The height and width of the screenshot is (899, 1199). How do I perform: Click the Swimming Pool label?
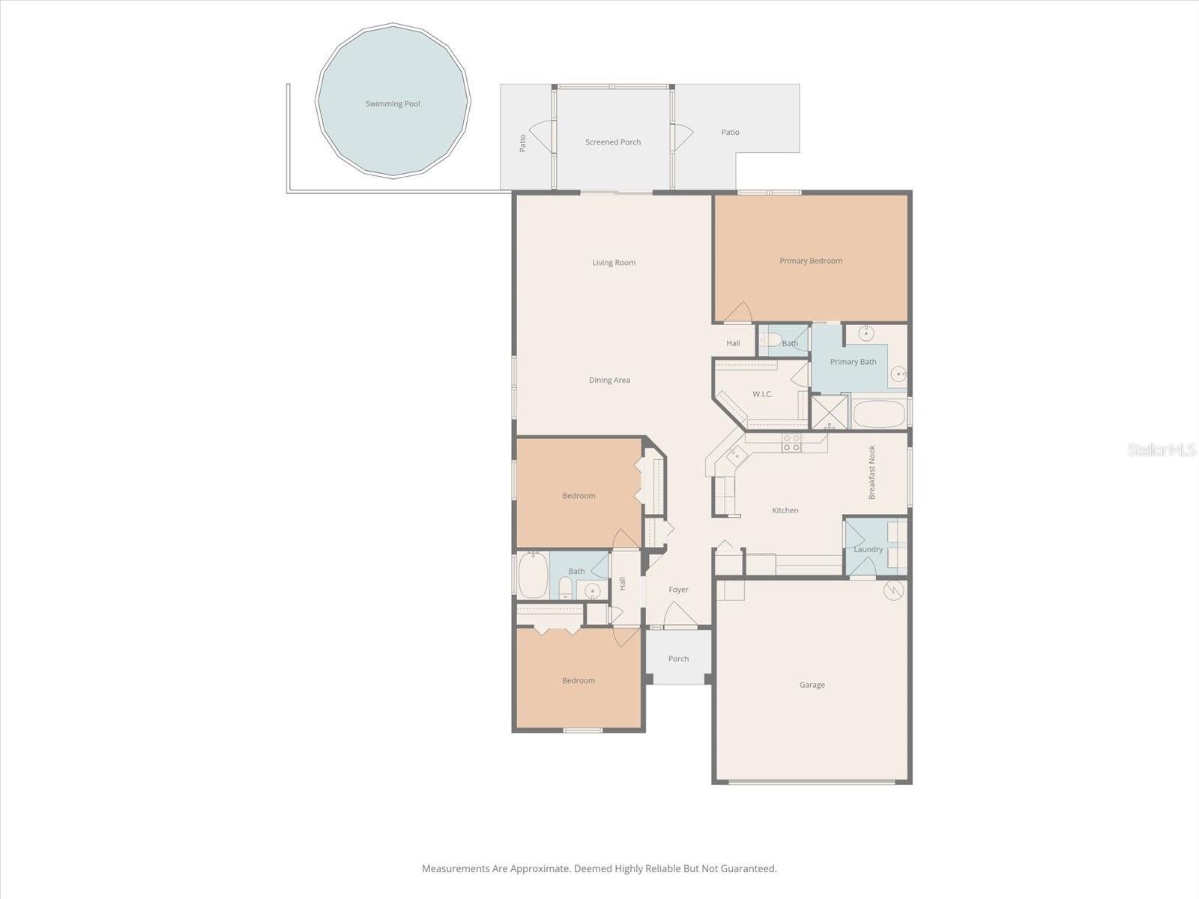[393, 104]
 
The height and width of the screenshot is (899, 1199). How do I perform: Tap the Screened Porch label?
[613, 142]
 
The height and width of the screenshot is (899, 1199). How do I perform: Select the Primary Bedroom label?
[811, 261]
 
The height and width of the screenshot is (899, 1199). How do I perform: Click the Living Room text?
[614, 263]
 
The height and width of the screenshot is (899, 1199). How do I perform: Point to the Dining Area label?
[609, 381]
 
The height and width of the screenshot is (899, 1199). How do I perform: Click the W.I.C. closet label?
[762, 394]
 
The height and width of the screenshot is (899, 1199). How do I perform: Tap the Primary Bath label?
[853, 362]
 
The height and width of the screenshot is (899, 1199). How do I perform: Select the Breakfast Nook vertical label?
[872, 473]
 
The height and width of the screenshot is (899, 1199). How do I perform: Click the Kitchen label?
[785, 511]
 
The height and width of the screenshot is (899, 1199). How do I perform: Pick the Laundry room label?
[869, 550]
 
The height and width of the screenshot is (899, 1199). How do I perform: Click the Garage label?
[812, 685]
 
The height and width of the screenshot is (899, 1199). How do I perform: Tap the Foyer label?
[678, 590]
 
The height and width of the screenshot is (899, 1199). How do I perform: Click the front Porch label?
[678, 659]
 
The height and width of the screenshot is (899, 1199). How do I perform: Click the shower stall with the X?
[830, 412]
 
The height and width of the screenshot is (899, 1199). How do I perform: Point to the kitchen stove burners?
[791, 444]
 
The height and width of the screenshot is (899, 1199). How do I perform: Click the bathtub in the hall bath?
[533, 575]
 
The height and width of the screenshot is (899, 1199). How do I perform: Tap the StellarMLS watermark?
[1161, 449]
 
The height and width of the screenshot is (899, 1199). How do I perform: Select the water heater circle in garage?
[894, 591]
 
